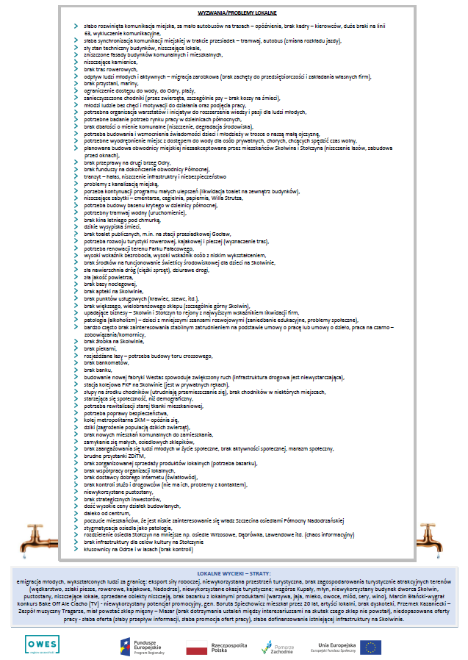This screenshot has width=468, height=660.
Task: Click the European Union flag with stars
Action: (x=370, y=647)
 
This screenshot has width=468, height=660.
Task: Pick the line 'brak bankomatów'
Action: (x=106, y=362)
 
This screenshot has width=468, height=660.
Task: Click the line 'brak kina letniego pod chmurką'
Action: (x=118, y=219)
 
